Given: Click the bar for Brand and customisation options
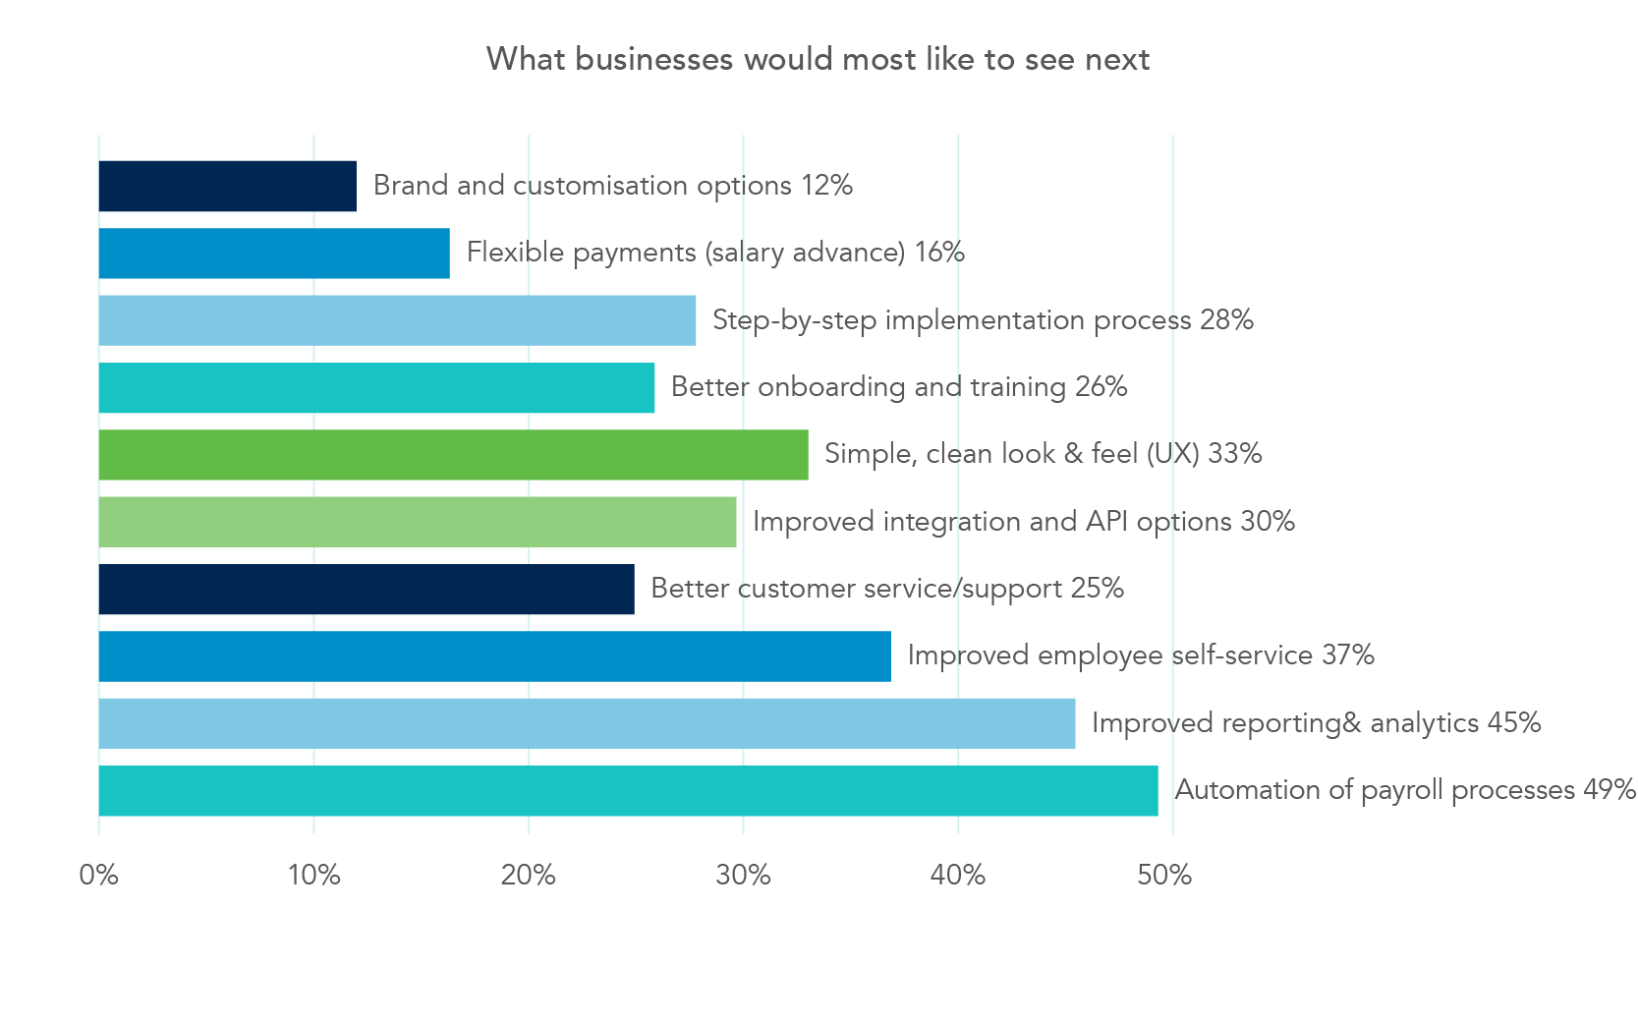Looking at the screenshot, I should [x=227, y=186].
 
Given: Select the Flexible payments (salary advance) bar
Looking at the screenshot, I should [x=274, y=254].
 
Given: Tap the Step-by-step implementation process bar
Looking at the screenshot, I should [x=397, y=320].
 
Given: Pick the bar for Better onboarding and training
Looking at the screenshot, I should [x=376, y=387].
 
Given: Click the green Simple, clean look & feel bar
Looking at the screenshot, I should [x=453, y=455].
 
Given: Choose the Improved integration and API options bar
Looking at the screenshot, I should [x=418, y=522].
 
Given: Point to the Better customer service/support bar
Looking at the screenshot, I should [x=367, y=589].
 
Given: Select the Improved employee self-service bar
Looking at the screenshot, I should [x=494, y=656].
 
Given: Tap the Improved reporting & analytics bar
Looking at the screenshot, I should [x=587, y=723].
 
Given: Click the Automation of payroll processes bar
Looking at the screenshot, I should [x=628, y=791].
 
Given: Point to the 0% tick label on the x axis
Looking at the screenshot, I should [x=99, y=875].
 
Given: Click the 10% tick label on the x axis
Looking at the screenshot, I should [x=313, y=875].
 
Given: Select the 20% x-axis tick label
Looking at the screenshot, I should [x=528, y=875].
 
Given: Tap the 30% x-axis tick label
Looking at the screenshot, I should [x=743, y=875].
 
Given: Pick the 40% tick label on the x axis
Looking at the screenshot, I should [x=957, y=875].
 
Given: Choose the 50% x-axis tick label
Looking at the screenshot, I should [x=1164, y=875].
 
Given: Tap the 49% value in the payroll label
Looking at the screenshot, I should [x=1609, y=790].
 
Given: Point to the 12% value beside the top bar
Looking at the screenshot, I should [x=826, y=186].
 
